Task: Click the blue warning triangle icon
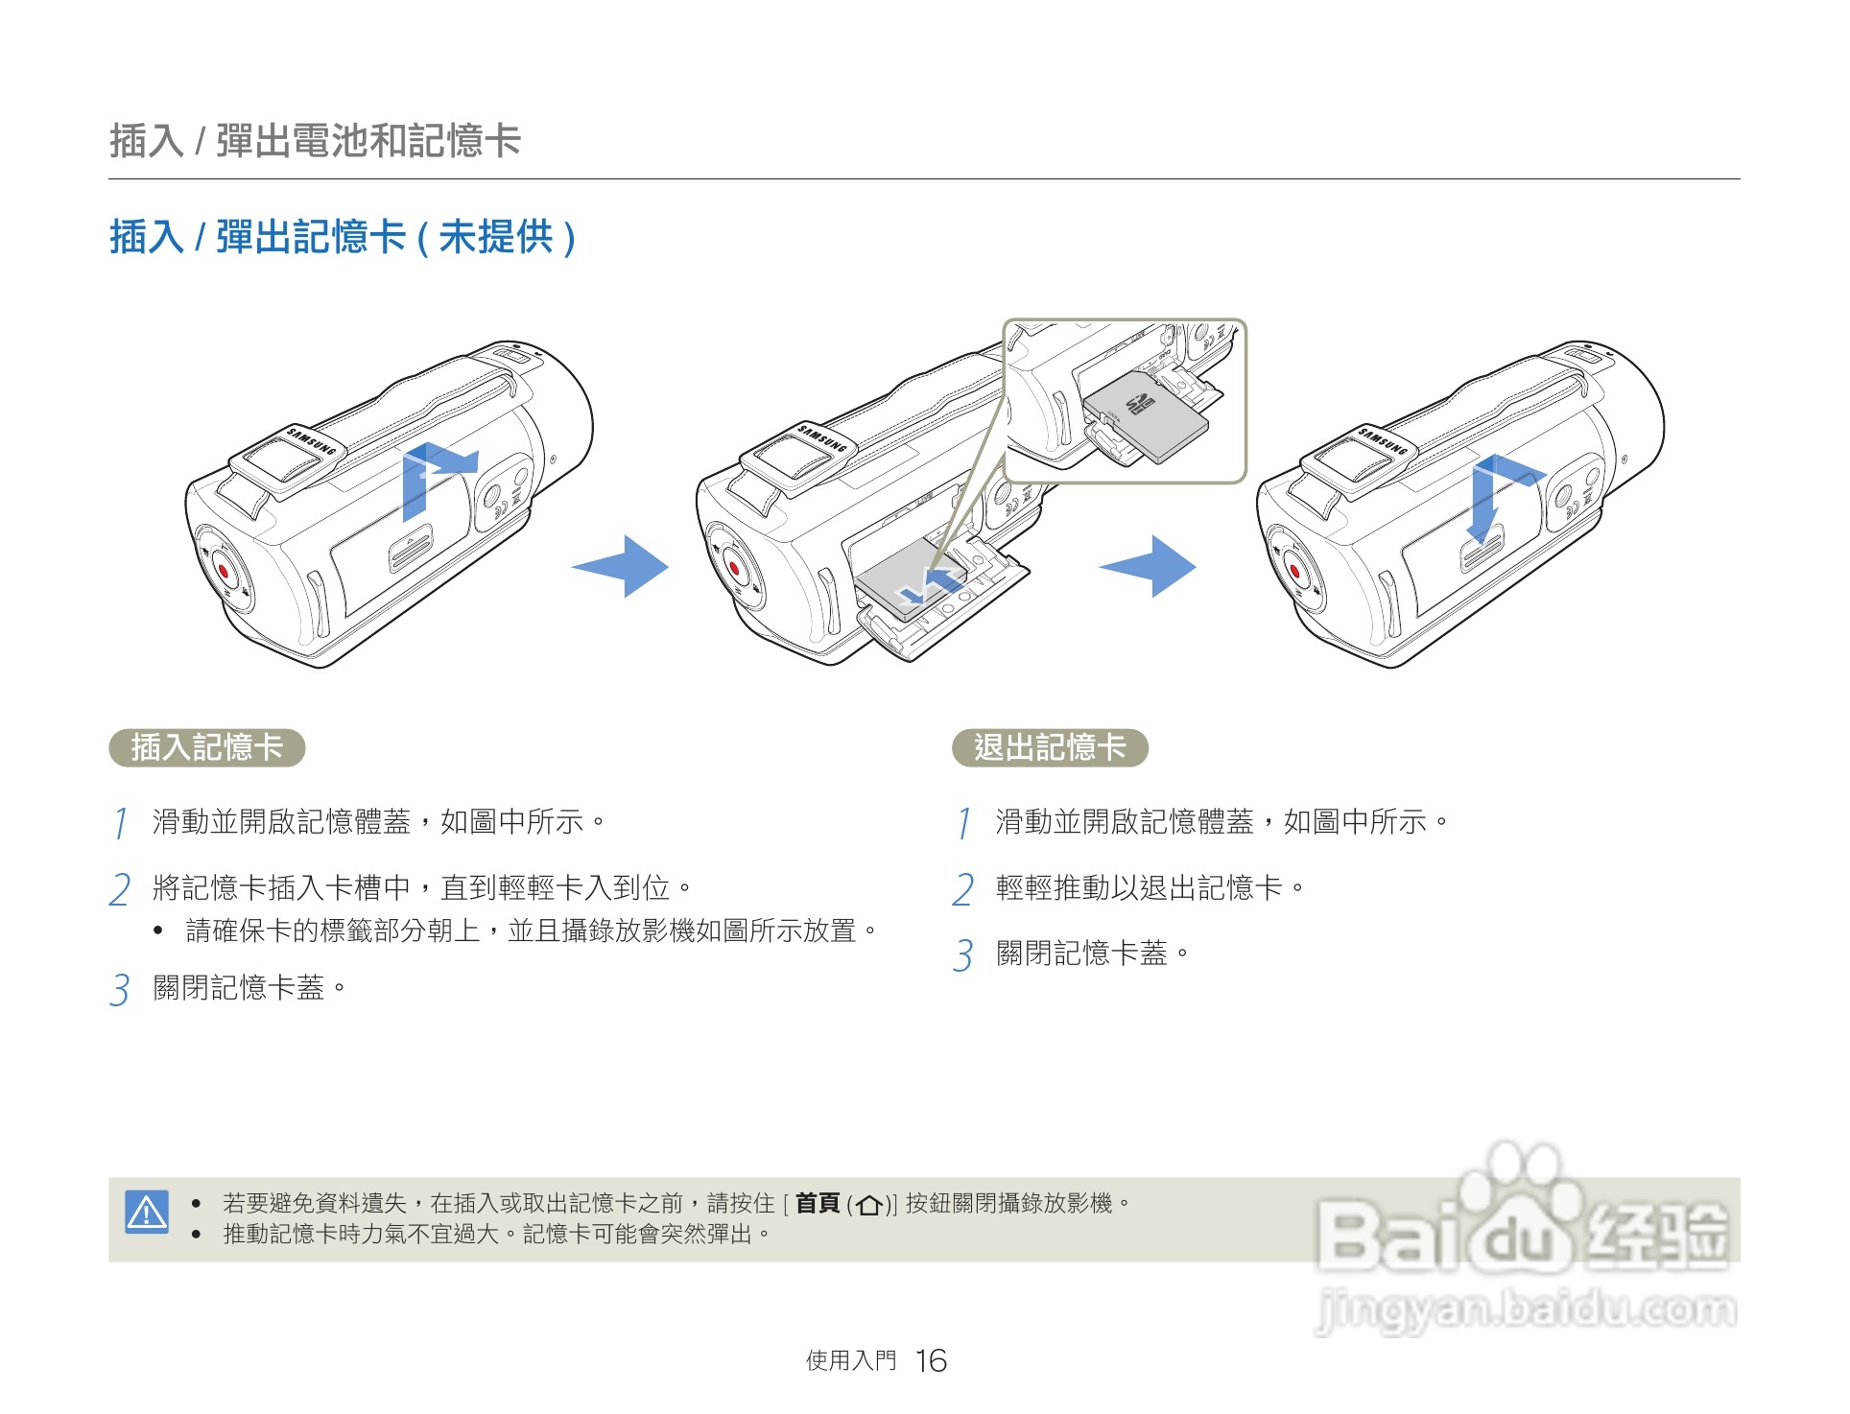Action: pos(147,1212)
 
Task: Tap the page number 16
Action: pos(930,1360)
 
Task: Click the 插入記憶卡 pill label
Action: pos(207,747)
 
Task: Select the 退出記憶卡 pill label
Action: pos(1050,747)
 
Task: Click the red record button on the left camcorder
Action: pos(225,570)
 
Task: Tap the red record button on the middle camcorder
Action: pos(735,568)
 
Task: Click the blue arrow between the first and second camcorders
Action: pos(622,566)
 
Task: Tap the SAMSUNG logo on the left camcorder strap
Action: pos(313,442)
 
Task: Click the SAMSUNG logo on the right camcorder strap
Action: pos(1383,441)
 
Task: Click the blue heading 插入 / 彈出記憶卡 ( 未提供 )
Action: pos(343,237)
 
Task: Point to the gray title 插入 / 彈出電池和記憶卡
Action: pos(315,141)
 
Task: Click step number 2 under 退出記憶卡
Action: pos(962,889)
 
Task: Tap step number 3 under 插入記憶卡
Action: pos(119,989)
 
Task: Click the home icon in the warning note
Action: pos(869,1205)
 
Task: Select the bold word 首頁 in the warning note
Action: pos(818,1203)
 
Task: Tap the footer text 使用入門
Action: pos(850,1360)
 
